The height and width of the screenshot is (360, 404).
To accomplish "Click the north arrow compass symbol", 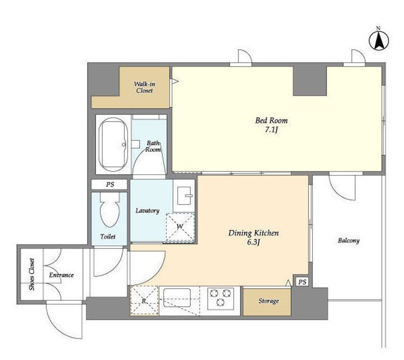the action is point(379,40).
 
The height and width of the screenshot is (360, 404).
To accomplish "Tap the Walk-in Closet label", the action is point(144,87).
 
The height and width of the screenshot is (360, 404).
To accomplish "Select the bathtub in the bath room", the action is point(113,145).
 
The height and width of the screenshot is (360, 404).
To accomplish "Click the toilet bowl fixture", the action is point(110,210).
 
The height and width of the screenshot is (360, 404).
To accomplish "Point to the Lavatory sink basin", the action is point(185,196).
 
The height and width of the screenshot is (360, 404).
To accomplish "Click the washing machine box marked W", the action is point(180,228).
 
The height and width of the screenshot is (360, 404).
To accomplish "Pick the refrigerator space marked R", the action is point(144,300).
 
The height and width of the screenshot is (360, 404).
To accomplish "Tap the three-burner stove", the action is point(221,298).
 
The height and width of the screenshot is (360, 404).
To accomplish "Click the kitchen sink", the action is point(177,298).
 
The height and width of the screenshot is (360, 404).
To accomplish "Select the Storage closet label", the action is point(269,301).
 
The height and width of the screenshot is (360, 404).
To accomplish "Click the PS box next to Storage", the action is point(302,282).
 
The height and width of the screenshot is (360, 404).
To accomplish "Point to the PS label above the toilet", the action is point(110,184).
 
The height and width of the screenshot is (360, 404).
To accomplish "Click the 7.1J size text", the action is point(271,130).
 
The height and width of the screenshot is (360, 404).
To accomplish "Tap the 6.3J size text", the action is point(253,242).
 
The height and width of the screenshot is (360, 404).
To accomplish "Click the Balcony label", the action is point(348,241).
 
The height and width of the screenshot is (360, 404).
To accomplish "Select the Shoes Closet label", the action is point(32,274).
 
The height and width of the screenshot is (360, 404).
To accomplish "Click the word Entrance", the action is point(61,275).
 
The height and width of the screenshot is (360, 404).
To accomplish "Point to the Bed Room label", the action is point(272,120).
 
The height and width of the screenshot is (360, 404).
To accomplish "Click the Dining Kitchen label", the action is point(254,233).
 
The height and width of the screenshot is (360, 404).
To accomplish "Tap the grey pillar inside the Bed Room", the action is point(310,81).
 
